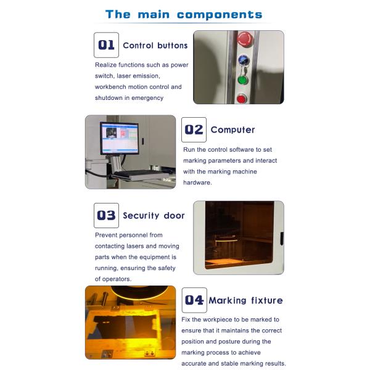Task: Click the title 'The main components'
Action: (x=184, y=15)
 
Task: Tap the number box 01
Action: (x=106, y=45)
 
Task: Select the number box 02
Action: (x=194, y=129)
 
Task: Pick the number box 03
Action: (x=106, y=215)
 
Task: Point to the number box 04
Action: (x=194, y=300)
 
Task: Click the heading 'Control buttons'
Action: (x=155, y=46)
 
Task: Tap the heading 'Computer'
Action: (x=232, y=129)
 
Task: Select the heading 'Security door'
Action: (x=154, y=215)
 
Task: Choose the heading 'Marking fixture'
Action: (x=245, y=300)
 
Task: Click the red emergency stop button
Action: (x=245, y=39)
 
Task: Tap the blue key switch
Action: (x=244, y=60)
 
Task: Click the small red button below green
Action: (x=241, y=99)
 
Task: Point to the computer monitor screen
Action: (x=120, y=139)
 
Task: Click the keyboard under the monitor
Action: (x=139, y=175)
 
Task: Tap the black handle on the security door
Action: (x=282, y=238)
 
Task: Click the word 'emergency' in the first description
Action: (x=147, y=98)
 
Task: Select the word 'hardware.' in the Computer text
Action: (x=197, y=183)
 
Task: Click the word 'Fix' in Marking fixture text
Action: (x=186, y=319)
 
